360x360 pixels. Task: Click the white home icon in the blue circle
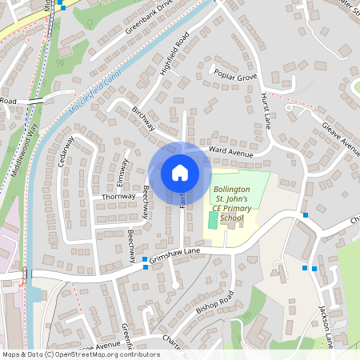[180, 172]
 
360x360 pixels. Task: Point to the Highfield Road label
[174, 55]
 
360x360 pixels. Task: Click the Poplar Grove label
[235, 76]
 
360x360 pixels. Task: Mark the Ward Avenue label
[230, 150]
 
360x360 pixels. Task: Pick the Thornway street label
[118, 196]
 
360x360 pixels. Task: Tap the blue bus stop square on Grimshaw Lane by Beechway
[145, 260]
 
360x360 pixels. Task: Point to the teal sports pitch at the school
[212, 219]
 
